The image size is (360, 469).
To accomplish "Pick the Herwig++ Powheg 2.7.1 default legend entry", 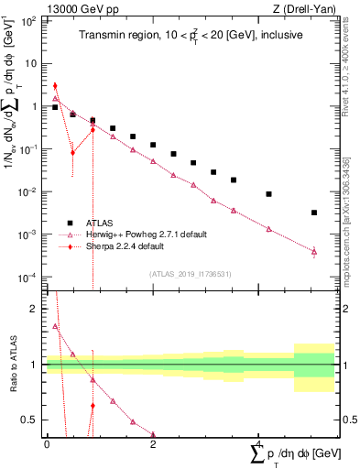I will point(137,234).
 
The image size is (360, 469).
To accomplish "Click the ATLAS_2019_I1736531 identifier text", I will point(191,273).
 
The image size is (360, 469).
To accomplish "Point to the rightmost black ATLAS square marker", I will point(314,213).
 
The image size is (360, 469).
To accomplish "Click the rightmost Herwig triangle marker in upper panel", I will point(314,251).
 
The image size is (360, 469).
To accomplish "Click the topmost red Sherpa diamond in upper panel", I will point(56,86).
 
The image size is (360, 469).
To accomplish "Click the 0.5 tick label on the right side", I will point(346,420).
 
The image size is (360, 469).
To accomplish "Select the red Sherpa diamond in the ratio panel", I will point(93,405).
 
